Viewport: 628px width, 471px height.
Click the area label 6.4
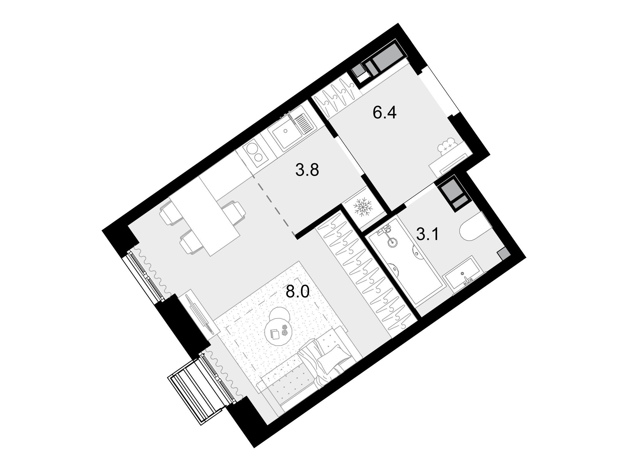(385, 113)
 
